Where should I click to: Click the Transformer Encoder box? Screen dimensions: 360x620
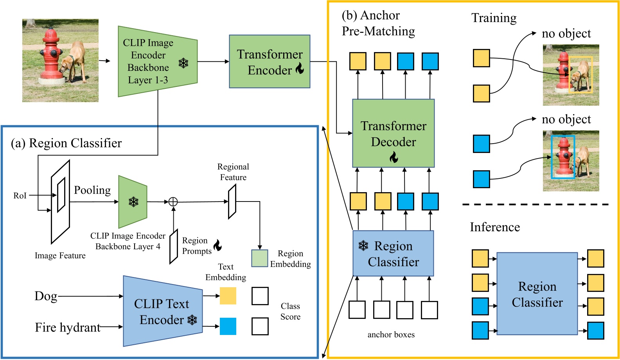coord(270,61)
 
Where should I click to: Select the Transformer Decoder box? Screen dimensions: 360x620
coord(393,133)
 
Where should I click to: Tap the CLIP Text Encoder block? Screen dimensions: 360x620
coord(162,311)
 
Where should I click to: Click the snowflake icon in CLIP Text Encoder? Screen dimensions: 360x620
coord(192,320)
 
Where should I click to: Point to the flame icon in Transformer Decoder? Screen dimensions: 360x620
coord(394,157)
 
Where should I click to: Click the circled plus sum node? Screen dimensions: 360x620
coord(173,202)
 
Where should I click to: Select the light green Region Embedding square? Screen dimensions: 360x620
coord(259,258)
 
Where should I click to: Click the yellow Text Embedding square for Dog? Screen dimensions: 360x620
coord(228,296)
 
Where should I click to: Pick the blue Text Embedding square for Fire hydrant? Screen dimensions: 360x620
coord(228,326)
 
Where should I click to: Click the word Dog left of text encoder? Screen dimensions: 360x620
coord(46,296)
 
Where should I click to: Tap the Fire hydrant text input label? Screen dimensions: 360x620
coord(68,327)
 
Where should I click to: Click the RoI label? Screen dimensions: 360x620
coord(20,195)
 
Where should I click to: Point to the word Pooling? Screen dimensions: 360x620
coord(92,190)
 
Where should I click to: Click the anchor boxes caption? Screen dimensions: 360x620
coord(391,335)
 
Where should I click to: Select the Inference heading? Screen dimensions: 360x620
coord(495,227)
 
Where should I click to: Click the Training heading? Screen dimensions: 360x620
coord(494,18)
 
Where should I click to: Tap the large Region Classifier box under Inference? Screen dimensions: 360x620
coord(537,294)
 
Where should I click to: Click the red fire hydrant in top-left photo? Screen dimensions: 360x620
coord(51,55)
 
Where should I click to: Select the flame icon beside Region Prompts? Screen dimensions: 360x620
coord(217,245)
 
